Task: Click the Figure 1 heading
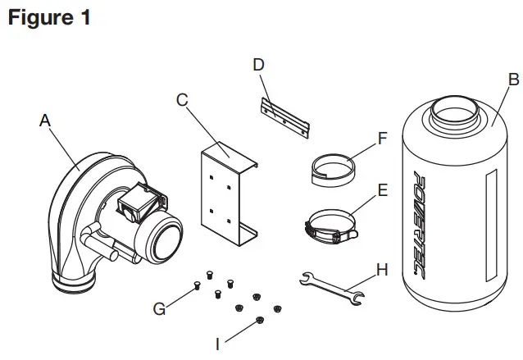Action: coord(49,17)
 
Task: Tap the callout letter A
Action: coord(46,121)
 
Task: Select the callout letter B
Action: coord(513,80)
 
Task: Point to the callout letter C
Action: coord(183,100)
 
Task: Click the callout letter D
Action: coord(259,63)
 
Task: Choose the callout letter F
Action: coord(382,139)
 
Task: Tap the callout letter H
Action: coord(382,268)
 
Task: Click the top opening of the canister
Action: coord(453,107)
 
